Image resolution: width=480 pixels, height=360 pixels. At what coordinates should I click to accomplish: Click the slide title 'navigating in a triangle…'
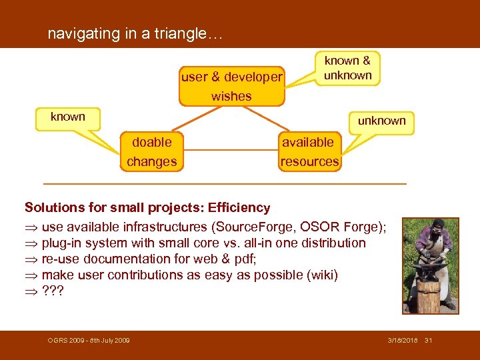click(x=135, y=34)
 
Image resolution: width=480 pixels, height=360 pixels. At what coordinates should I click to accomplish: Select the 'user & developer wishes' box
click(x=231, y=86)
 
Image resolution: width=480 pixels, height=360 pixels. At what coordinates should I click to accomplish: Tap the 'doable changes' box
click(x=152, y=151)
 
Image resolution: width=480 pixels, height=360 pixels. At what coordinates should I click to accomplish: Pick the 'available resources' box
click(x=309, y=151)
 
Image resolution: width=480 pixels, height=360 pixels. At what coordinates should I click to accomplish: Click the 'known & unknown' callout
click(x=347, y=68)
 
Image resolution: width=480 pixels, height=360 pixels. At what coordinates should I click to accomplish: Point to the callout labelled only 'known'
click(x=68, y=117)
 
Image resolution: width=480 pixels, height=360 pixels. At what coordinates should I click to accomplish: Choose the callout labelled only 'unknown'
click(x=381, y=121)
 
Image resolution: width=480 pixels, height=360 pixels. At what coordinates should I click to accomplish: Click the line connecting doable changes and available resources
click(x=228, y=152)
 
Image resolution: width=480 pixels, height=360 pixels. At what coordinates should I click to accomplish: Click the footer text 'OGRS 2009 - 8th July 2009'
click(x=89, y=341)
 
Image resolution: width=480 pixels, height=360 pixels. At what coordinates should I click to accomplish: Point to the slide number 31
click(x=428, y=341)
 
